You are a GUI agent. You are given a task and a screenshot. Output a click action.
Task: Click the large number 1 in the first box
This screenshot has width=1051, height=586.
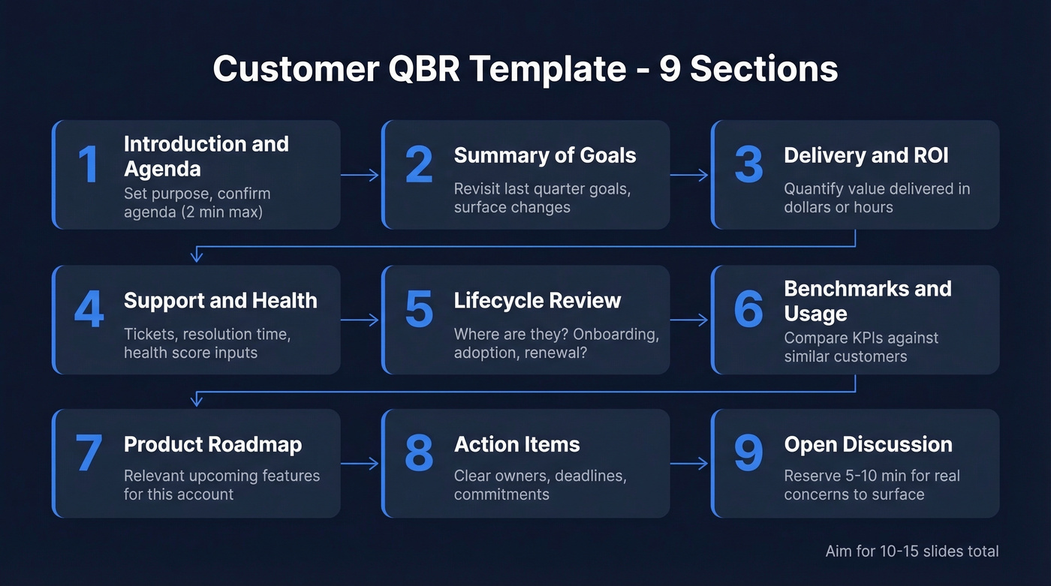[89, 164]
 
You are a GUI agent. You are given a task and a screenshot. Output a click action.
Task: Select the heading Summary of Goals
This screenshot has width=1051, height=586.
[544, 155]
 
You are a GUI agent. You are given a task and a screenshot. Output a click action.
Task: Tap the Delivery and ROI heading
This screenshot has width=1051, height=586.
[866, 155]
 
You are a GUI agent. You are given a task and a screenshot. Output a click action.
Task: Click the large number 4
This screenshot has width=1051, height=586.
[89, 309]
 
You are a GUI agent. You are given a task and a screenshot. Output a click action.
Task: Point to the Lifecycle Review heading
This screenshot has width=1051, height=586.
[537, 300]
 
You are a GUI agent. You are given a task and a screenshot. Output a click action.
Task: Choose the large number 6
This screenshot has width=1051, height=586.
[748, 309]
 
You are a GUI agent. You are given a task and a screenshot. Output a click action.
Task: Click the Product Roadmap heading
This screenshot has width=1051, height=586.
[212, 444]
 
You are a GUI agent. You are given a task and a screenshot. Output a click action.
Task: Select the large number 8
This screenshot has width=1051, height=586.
[419, 453]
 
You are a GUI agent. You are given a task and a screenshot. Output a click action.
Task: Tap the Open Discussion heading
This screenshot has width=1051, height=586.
[868, 444]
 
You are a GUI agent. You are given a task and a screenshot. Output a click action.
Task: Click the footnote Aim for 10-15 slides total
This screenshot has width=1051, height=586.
[911, 551]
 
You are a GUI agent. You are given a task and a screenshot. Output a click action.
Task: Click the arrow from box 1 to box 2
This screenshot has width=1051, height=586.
[360, 176]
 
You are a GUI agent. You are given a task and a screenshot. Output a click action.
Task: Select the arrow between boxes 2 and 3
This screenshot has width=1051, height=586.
[689, 176]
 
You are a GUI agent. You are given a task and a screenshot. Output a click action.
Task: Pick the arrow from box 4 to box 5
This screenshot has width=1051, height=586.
[360, 320]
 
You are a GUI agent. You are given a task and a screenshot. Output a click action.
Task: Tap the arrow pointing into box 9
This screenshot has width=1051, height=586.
[689, 464]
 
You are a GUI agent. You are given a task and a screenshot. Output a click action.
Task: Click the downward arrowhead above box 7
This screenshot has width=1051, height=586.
[197, 401]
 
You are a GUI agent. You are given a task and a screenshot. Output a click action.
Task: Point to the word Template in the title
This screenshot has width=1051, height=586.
[548, 69]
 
